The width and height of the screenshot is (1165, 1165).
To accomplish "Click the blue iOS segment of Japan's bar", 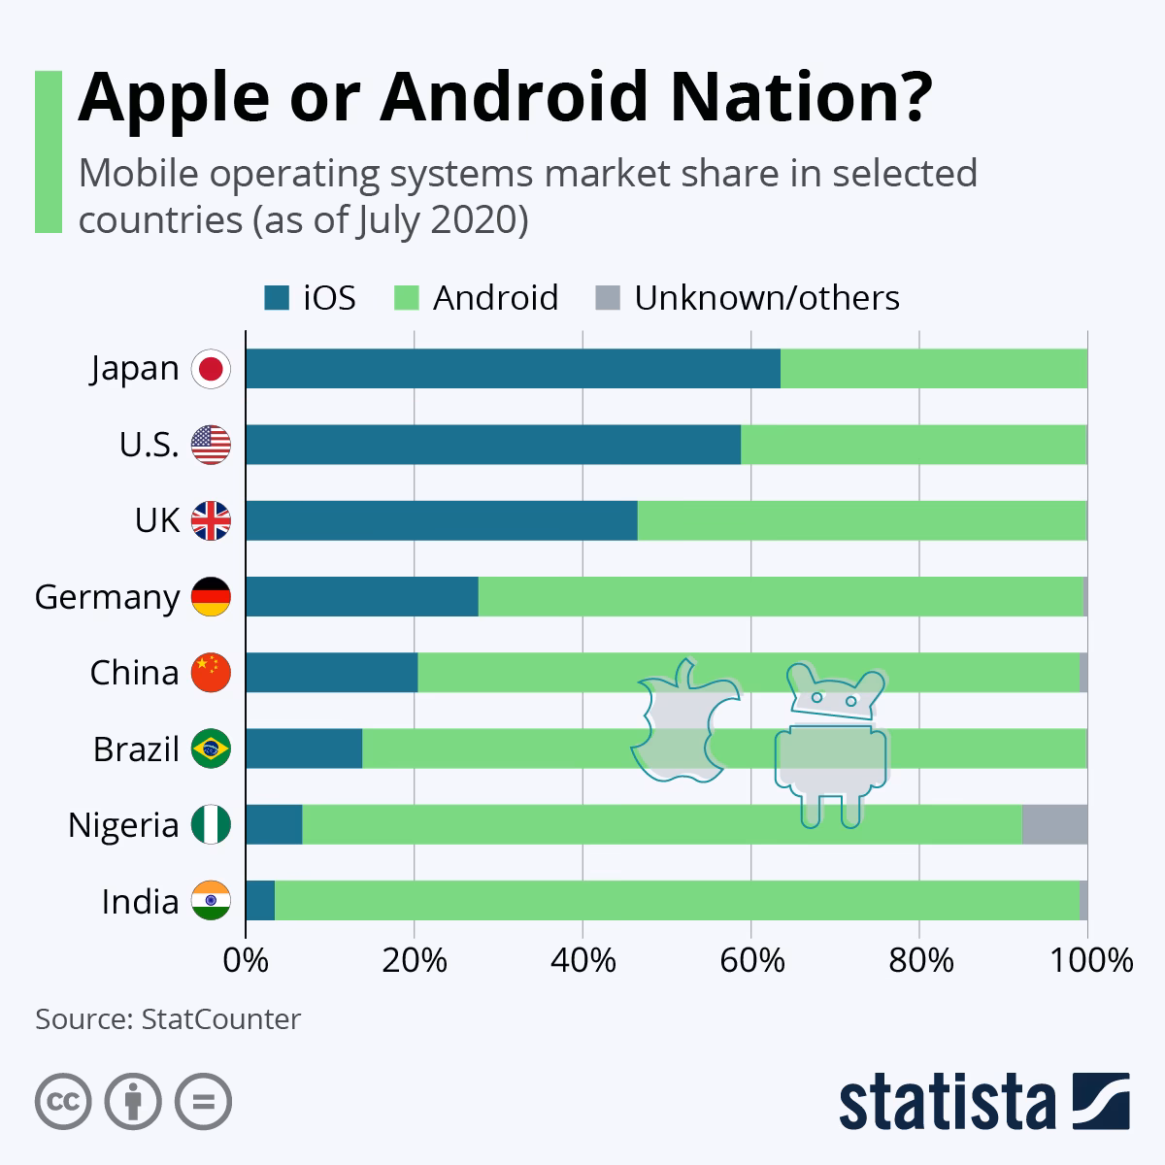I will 513,369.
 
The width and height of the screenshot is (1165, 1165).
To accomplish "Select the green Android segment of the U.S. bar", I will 913,445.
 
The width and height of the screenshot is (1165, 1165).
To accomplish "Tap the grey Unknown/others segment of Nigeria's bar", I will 1054,825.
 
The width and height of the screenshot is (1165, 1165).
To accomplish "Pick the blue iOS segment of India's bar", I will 260,901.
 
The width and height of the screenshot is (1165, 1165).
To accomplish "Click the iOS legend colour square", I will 277,298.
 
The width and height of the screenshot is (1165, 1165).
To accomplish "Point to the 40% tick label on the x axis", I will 582,961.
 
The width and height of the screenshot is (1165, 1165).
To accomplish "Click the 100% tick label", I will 1087,961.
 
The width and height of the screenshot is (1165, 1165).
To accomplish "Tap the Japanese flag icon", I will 211,369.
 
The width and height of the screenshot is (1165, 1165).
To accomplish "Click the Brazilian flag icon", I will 211,749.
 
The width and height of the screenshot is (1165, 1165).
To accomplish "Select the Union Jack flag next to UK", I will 211,521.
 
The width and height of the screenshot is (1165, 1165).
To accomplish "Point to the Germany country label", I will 107,597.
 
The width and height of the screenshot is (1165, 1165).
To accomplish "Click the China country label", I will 134,673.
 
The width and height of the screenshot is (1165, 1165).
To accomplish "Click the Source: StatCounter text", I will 168,1019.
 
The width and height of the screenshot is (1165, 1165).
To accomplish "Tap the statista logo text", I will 948,1103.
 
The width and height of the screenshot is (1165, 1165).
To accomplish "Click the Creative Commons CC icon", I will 63,1102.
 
